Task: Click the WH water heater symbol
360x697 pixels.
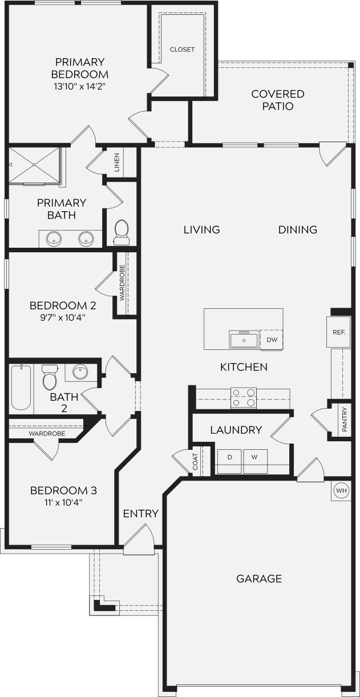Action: click(x=341, y=491)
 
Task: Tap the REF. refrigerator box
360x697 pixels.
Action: click(x=338, y=332)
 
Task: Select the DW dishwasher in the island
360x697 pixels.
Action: click(x=272, y=340)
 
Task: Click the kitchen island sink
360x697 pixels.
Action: click(x=244, y=340)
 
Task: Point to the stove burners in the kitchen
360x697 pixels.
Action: click(x=244, y=398)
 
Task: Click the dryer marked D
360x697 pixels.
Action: click(x=230, y=458)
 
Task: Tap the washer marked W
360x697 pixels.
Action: click(x=255, y=458)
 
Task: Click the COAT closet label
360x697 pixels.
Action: click(x=195, y=461)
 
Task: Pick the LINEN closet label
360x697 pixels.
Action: click(x=117, y=162)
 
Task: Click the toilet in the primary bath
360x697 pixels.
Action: click(x=122, y=231)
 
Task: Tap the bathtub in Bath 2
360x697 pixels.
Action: click(x=21, y=387)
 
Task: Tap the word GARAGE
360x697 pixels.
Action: click(x=259, y=579)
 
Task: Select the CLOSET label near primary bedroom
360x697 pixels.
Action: click(x=182, y=50)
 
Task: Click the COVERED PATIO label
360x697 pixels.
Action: click(x=278, y=100)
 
